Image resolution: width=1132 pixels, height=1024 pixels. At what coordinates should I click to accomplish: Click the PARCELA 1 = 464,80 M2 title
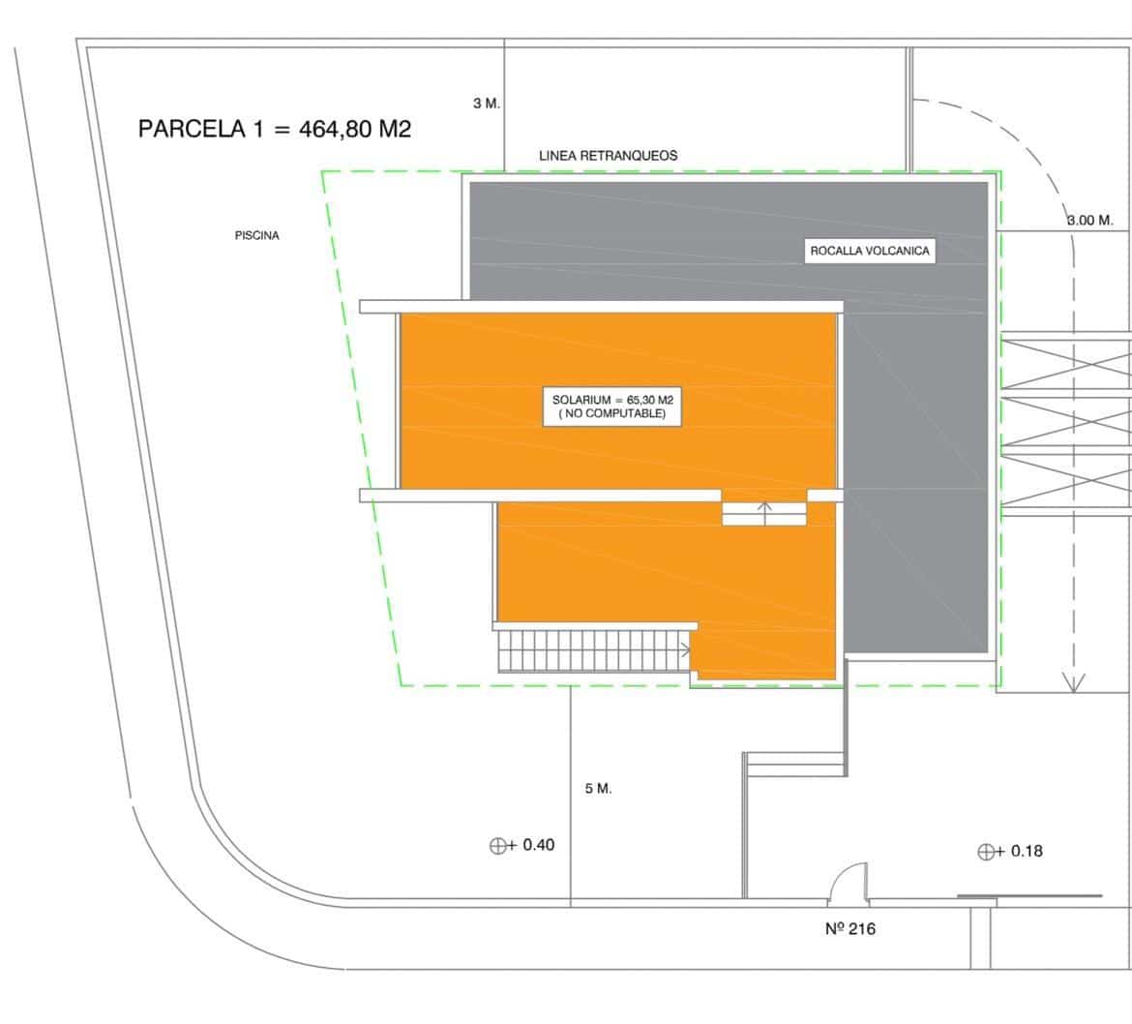275,129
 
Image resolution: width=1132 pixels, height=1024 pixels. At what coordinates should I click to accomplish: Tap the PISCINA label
256,235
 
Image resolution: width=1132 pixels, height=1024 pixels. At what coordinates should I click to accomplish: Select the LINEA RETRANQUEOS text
608,155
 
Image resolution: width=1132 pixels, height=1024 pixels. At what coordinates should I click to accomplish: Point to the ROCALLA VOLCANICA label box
869,252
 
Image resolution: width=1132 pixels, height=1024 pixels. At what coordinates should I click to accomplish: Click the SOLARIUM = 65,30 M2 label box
611,407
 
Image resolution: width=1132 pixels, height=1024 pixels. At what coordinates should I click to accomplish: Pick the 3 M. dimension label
487,104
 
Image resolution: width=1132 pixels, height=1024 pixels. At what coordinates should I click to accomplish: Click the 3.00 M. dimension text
1089,221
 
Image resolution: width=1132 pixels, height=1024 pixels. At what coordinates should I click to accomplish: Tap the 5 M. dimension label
598,789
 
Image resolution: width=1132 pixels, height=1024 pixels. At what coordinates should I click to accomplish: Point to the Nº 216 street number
850,929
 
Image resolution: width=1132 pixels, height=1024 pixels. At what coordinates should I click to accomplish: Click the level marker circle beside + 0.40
497,846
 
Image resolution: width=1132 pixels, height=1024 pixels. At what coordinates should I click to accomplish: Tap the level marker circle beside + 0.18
986,853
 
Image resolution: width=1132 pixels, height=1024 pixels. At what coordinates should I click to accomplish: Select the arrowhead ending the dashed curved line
1073,683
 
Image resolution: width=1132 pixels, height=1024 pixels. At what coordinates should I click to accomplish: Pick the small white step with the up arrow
764,513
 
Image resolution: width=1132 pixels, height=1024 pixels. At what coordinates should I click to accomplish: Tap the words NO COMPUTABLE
611,414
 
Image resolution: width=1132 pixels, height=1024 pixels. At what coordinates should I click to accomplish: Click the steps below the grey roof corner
795,764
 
